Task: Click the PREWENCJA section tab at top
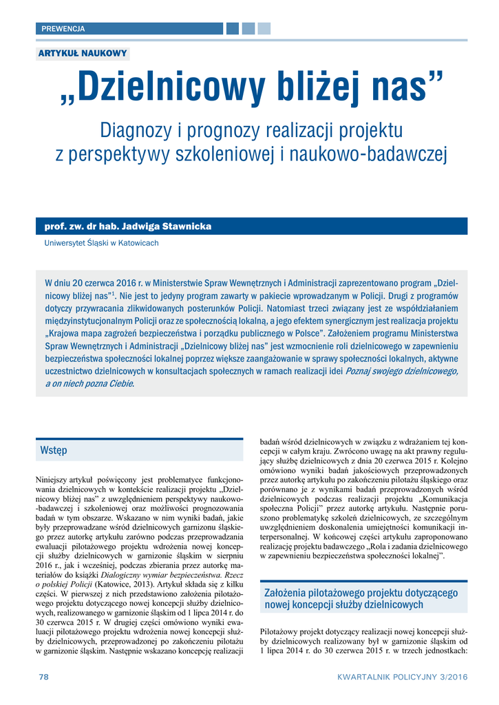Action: click(63, 29)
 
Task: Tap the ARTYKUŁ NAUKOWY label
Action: click(83, 54)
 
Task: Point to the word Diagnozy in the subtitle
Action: click(131, 129)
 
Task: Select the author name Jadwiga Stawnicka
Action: click(165, 227)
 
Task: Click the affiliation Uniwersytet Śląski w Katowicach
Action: click(101, 243)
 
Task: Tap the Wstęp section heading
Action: click(54, 450)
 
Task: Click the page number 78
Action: click(43, 677)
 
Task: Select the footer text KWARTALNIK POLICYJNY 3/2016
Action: click(402, 677)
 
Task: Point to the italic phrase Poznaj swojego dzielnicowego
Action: click(401, 370)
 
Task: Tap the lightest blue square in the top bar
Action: click(264, 29)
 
